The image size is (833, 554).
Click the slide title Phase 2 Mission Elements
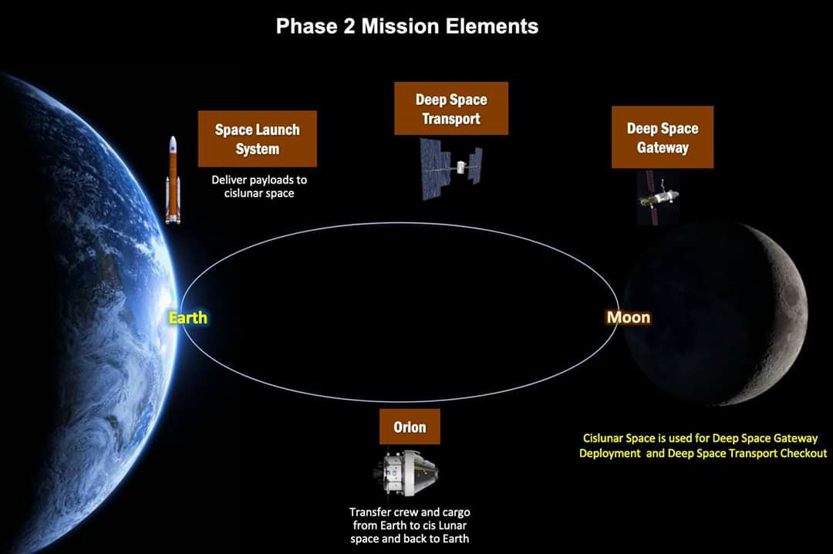[407, 26]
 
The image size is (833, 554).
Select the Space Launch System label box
[257, 139]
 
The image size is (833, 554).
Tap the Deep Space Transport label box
[451, 109]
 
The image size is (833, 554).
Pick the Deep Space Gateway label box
[663, 137]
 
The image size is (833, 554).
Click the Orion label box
[410, 427]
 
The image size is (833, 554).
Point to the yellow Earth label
[188, 317]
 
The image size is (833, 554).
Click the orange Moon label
[629, 317]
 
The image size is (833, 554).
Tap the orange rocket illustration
[173, 180]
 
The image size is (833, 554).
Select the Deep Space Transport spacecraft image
[451, 168]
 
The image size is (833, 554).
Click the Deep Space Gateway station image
[659, 196]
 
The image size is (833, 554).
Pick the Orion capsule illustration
[406, 473]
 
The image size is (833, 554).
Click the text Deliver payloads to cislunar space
[259, 187]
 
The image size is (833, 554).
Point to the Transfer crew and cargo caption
[410, 525]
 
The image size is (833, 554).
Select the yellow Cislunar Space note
[703, 445]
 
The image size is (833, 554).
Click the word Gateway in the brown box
[663, 147]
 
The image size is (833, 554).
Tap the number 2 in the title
[349, 26]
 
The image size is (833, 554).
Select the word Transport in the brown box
[451, 119]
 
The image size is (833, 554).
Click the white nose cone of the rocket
[173, 143]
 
